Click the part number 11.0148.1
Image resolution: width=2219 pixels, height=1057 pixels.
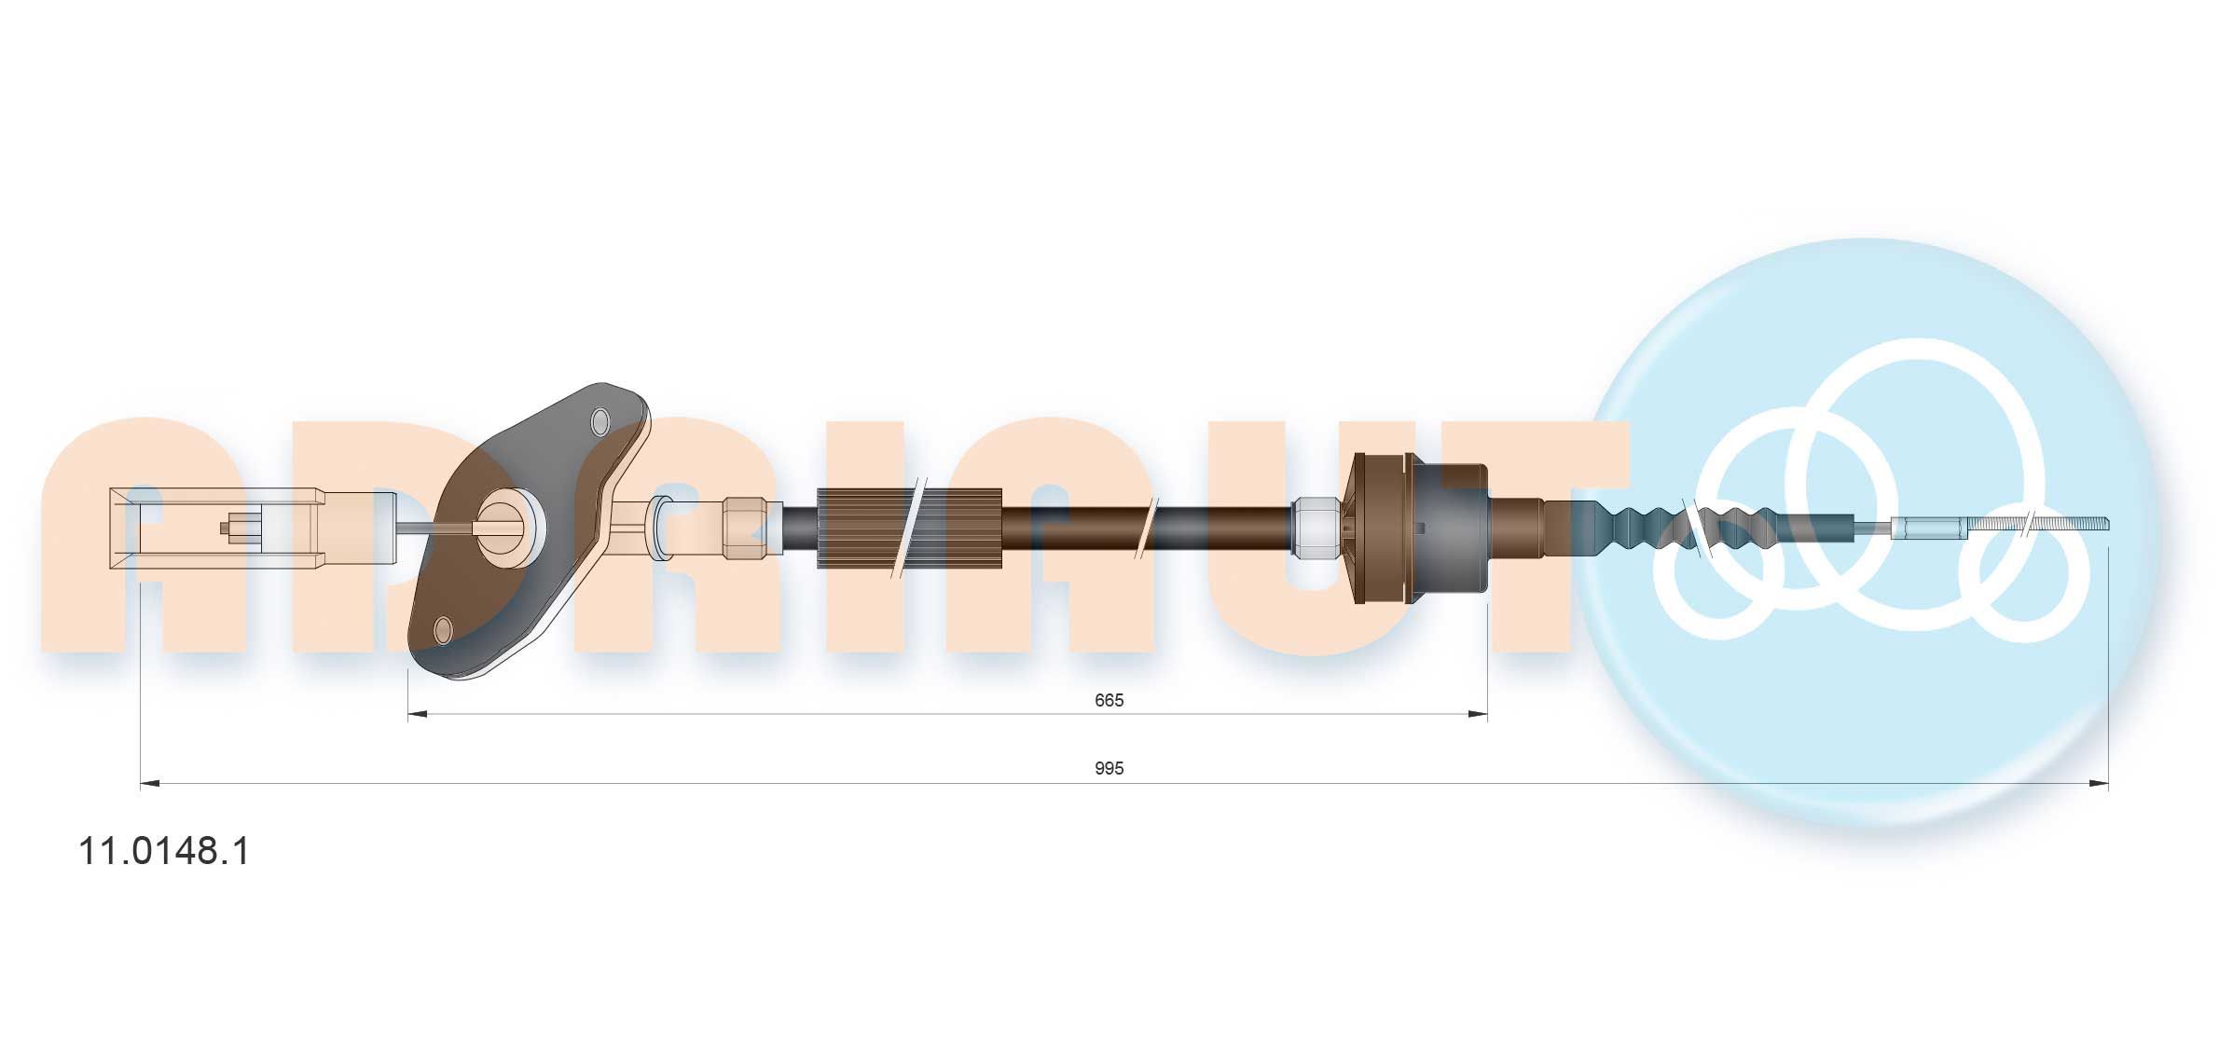tap(165, 851)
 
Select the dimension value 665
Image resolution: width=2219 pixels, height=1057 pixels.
tap(1109, 700)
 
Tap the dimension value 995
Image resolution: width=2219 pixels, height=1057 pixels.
tap(1109, 769)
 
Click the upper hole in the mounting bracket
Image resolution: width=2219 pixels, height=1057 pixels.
tap(600, 422)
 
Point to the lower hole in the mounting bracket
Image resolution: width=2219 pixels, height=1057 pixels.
tap(444, 631)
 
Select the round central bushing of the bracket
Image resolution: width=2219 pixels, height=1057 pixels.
tap(509, 528)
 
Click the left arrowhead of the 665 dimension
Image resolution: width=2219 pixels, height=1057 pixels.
tap(418, 715)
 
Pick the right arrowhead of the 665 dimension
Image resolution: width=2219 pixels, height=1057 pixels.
tap(1478, 715)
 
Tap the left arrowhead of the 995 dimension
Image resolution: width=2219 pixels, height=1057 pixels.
tap(150, 784)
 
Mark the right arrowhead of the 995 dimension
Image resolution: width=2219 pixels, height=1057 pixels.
tap(2099, 784)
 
